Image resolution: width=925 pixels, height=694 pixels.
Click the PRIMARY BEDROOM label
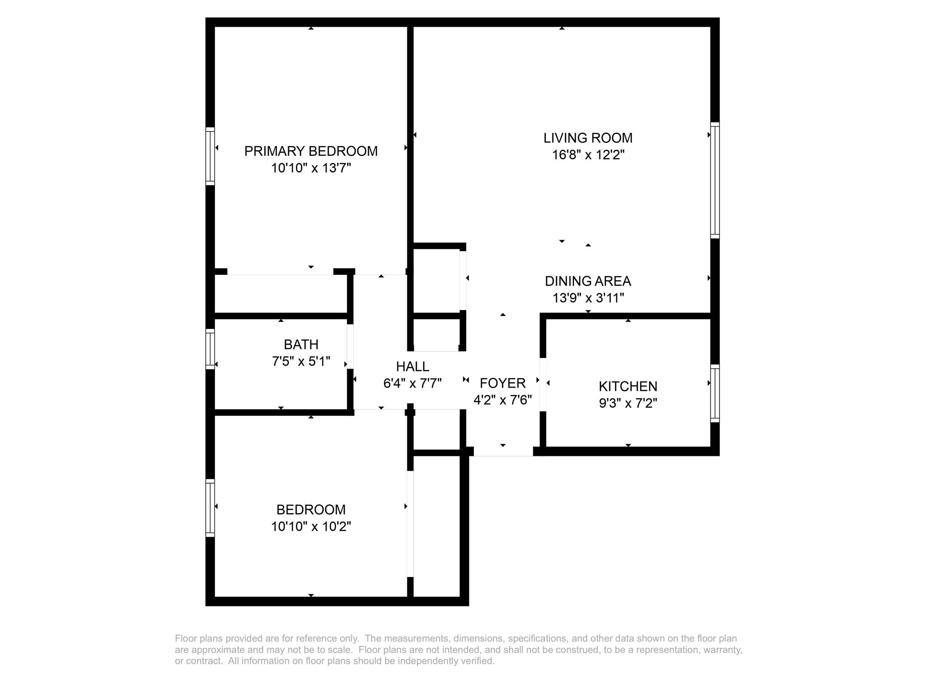[311, 151]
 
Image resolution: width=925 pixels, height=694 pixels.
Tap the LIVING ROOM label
[588, 138]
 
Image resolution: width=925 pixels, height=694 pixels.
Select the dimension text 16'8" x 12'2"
[588, 155]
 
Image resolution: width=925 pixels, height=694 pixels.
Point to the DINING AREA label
[588, 281]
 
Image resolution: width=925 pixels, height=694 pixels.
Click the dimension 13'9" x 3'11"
[588, 298]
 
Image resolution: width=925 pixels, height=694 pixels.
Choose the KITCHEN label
[628, 386]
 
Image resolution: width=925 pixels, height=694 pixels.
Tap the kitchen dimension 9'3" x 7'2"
[628, 403]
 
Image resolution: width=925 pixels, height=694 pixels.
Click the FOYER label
[502, 383]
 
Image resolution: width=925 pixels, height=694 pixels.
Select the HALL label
[412, 366]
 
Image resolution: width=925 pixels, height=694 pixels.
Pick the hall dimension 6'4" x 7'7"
[412, 383]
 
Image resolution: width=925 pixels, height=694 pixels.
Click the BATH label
[301, 345]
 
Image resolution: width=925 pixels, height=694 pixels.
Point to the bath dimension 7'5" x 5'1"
[301, 361]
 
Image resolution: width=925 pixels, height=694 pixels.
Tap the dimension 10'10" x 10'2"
[311, 526]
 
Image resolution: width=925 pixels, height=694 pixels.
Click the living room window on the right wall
[715, 180]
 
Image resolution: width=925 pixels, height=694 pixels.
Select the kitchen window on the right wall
[715, 393]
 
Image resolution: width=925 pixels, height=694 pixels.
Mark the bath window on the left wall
[210, 349]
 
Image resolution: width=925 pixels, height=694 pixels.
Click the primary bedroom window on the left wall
[210, 156]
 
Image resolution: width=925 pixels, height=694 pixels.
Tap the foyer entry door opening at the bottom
[503, 452]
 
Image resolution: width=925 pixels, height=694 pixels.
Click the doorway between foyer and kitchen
[543, 385]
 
